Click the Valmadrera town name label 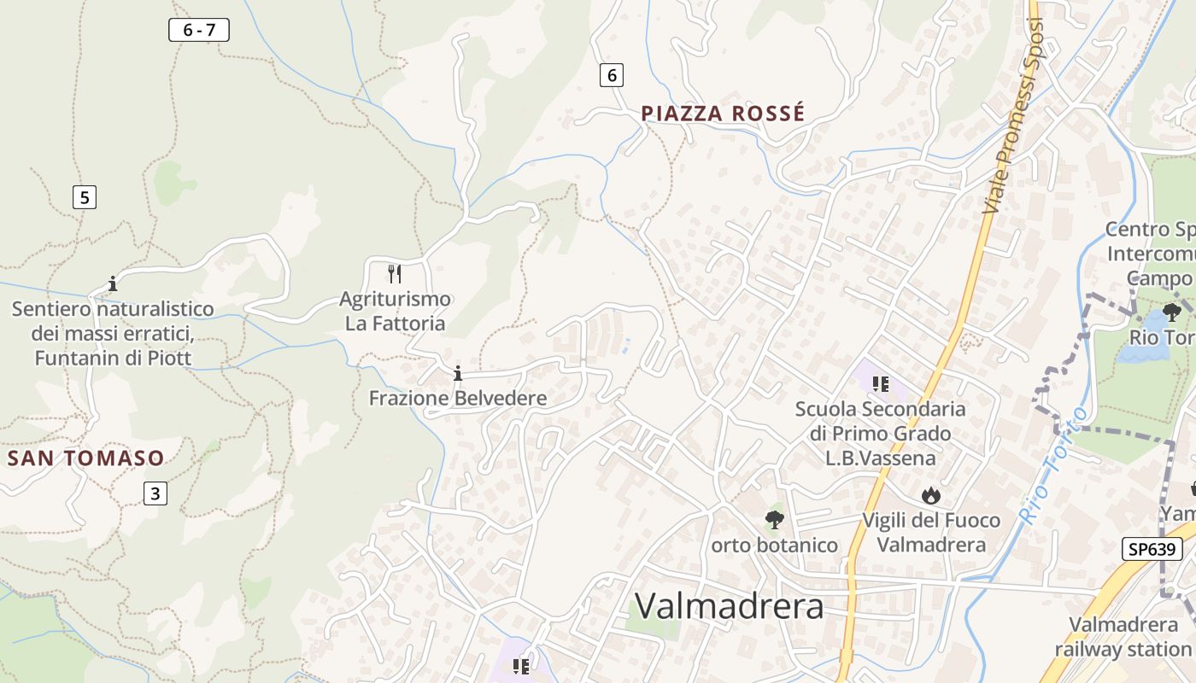click(730, 606)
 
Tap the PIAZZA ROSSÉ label click(723, 114)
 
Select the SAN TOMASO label click(85, 458)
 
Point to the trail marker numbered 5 click(84, 198)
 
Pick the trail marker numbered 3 click(155, 493)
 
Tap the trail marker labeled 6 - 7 click(199, 31)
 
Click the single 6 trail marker click(611, 75)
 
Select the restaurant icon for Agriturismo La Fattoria click(395, 274)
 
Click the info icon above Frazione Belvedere click(458, 373)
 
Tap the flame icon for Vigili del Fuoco click(930, 495)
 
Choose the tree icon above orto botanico click(774, 519)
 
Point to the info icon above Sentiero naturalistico click(112, 283)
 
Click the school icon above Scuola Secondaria click(880, 384)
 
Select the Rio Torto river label click(1053, 465)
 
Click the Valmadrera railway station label click(1123, 637)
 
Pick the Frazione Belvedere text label click(458, 399)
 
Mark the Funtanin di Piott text click(113, 358)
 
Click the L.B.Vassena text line click(880, 458)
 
